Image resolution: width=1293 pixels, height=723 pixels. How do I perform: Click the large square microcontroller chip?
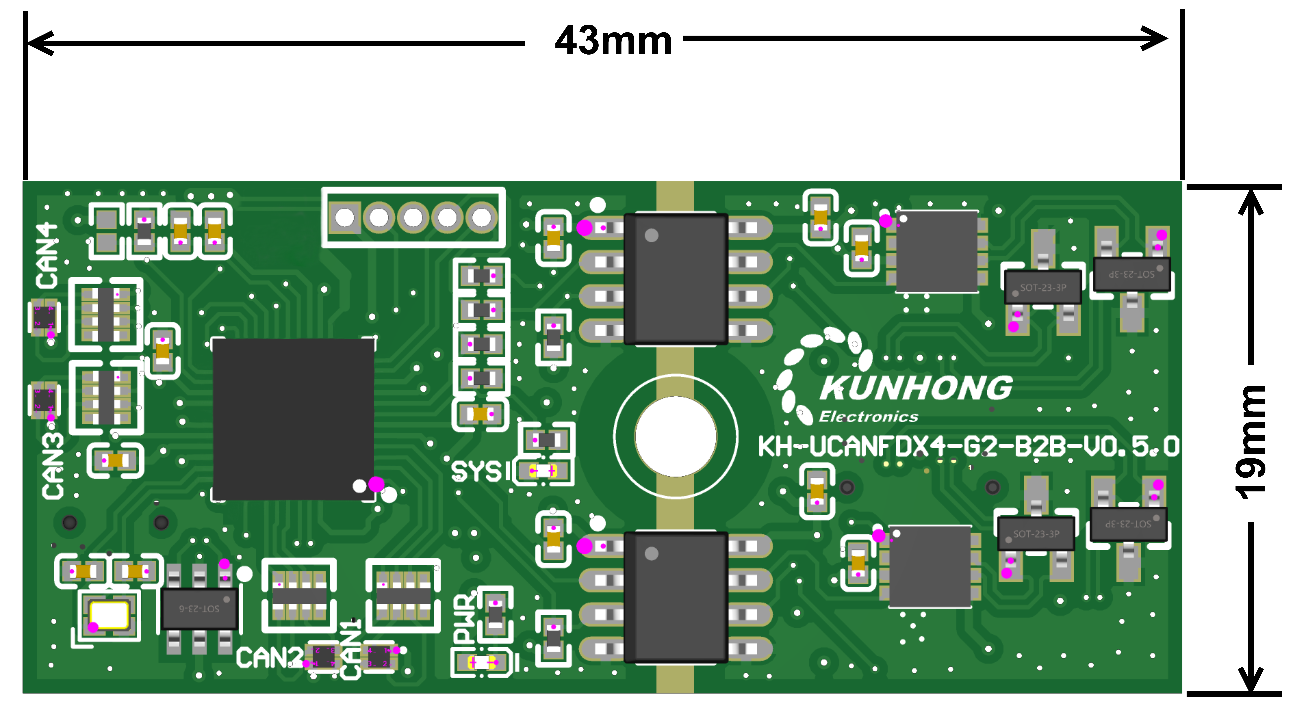pyautogui.click(x=293, y=419)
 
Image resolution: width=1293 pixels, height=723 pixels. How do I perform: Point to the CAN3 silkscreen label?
pyautogui.click(x=53, y=467)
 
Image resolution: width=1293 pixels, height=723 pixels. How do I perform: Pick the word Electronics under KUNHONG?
pyautogui.click(x=868, y=416)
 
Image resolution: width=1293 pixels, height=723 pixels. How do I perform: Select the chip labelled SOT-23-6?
pyautogui.click(x=199, y=609)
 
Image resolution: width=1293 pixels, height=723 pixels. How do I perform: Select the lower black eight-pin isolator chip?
pyautogui.click(x=676, y=597)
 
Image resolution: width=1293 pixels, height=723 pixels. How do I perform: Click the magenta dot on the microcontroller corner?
pyautogui.click(x=376, y=484)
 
